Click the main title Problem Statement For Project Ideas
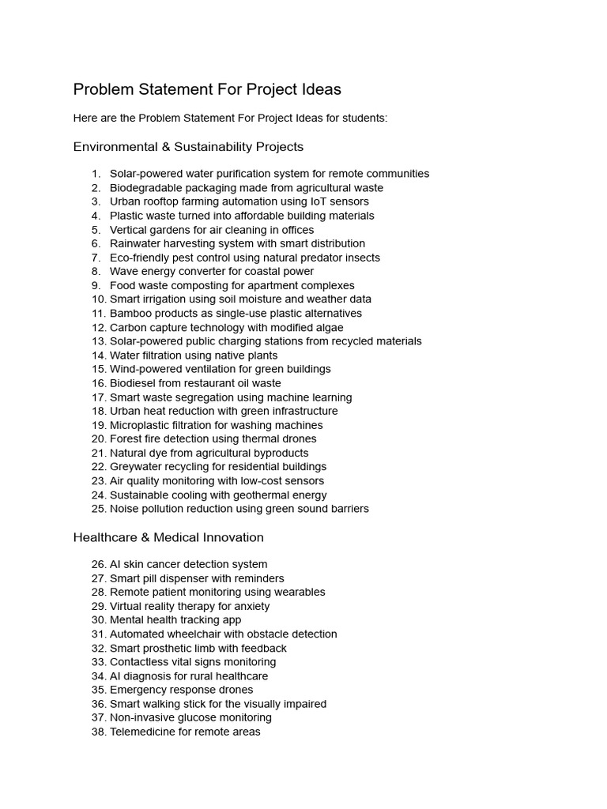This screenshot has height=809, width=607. pyautogui.click(x=207, y=89)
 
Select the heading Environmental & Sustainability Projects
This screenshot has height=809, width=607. pyautogui.click(x=188, y=147)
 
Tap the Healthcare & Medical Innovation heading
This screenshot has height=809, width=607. pyautogui.click(x=168, y=537)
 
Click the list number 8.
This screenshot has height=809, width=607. pyautogui.click(x=96, y=272)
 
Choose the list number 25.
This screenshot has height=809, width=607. pyautogui.click(x=99, y=509)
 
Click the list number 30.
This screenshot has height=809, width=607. pyautogui.click(x=99, y=620)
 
